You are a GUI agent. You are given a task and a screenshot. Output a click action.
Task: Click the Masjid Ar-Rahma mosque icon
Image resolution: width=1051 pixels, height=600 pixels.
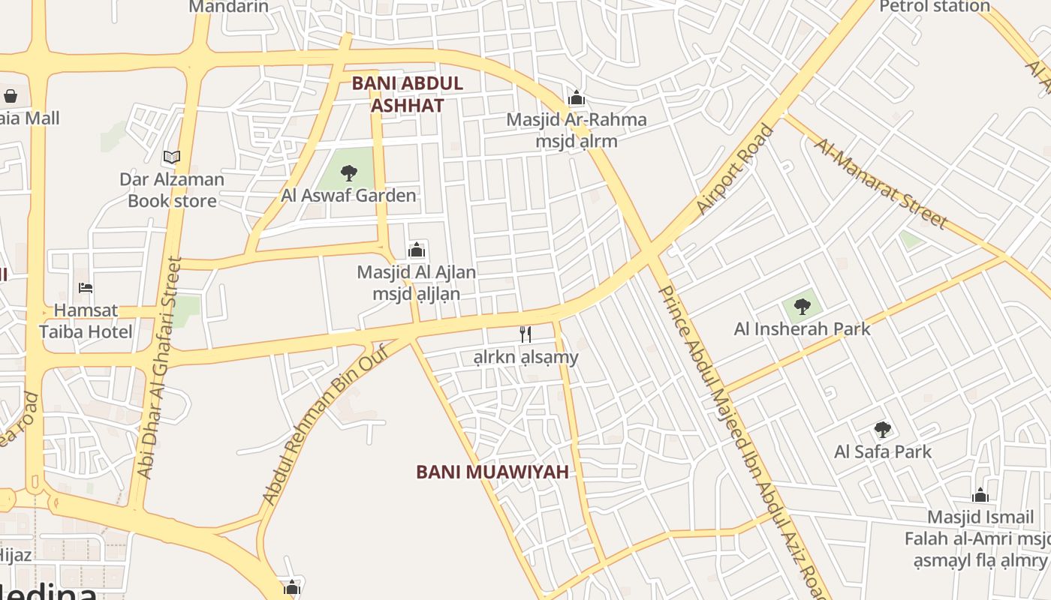pos(577,97)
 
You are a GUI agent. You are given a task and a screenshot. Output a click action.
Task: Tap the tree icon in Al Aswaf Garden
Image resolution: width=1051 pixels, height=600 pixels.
pos(348,173)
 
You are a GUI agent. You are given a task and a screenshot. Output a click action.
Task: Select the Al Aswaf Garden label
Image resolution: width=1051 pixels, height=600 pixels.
pos(348,196)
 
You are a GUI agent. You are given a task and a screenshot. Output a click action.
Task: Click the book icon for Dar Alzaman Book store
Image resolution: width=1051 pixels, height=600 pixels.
pos(172,157)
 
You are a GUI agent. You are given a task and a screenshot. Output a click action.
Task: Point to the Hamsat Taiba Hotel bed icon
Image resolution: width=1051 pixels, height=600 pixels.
pos(86,288)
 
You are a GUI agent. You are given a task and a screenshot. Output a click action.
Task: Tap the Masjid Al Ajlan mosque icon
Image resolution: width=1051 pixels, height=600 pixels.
pos(417,250)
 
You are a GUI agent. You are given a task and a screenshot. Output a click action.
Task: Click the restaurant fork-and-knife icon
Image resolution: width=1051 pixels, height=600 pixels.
pos(525,334)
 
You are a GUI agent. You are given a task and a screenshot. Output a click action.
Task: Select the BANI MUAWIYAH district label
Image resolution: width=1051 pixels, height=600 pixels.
pos(492,472)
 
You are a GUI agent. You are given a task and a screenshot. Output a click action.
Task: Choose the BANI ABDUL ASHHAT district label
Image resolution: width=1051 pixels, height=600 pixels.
pos(408,94)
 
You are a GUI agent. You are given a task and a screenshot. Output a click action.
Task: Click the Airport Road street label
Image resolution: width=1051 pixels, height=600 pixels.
pos(735,169)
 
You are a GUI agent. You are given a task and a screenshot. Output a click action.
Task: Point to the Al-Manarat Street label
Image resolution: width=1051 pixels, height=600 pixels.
pos(880,183)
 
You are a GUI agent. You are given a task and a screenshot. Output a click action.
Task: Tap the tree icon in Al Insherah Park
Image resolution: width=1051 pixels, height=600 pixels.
pos(803,306)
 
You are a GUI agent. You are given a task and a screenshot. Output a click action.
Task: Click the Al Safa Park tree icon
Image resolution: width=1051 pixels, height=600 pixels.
pos(883,430)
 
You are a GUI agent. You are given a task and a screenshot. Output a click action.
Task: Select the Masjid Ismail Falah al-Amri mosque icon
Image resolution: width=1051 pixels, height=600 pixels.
pos(980,496)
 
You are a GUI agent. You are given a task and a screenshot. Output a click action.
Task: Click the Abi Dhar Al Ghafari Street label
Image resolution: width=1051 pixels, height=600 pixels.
pos(160,367)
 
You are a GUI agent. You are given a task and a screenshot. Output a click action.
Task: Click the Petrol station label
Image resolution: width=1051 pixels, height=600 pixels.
pos(935,7)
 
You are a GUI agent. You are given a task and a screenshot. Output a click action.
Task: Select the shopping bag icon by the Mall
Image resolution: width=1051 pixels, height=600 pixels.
pos(11,96)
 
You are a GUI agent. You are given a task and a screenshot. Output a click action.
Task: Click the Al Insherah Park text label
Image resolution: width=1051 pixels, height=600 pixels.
pos(803,328)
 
